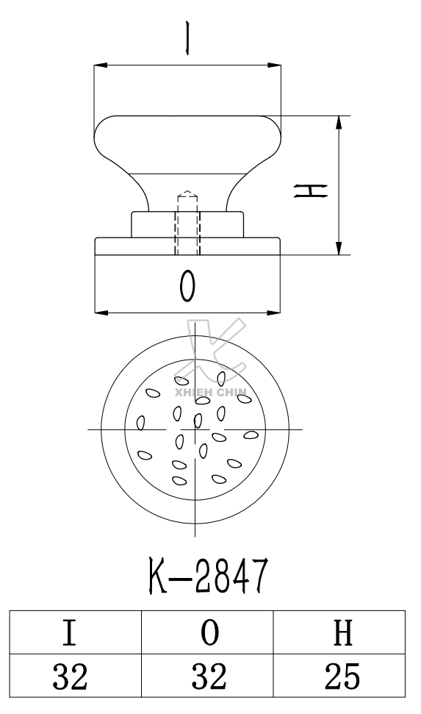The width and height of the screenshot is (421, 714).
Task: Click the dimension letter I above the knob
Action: pos(188,39)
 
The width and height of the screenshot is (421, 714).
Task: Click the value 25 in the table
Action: pos(339,674)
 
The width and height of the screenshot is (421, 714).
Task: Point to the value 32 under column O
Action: pos(207,674)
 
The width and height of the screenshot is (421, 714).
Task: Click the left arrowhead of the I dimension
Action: pos(99,67)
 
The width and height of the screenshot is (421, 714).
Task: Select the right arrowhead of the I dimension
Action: pos(277,67)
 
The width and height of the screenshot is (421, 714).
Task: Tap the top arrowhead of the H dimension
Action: pos(339,121)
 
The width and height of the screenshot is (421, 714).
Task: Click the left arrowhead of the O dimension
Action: pos(99,312)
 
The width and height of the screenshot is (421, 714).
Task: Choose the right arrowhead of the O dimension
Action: pos(277,312)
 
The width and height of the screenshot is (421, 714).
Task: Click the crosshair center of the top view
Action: pos(195,429)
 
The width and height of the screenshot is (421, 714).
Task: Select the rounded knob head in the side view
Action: pos(188,143)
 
